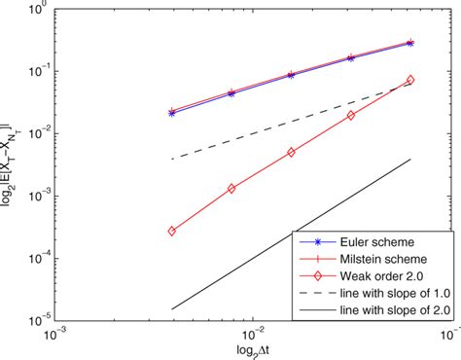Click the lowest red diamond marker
172,232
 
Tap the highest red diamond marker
409,80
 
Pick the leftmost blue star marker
172,113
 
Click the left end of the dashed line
172,159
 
